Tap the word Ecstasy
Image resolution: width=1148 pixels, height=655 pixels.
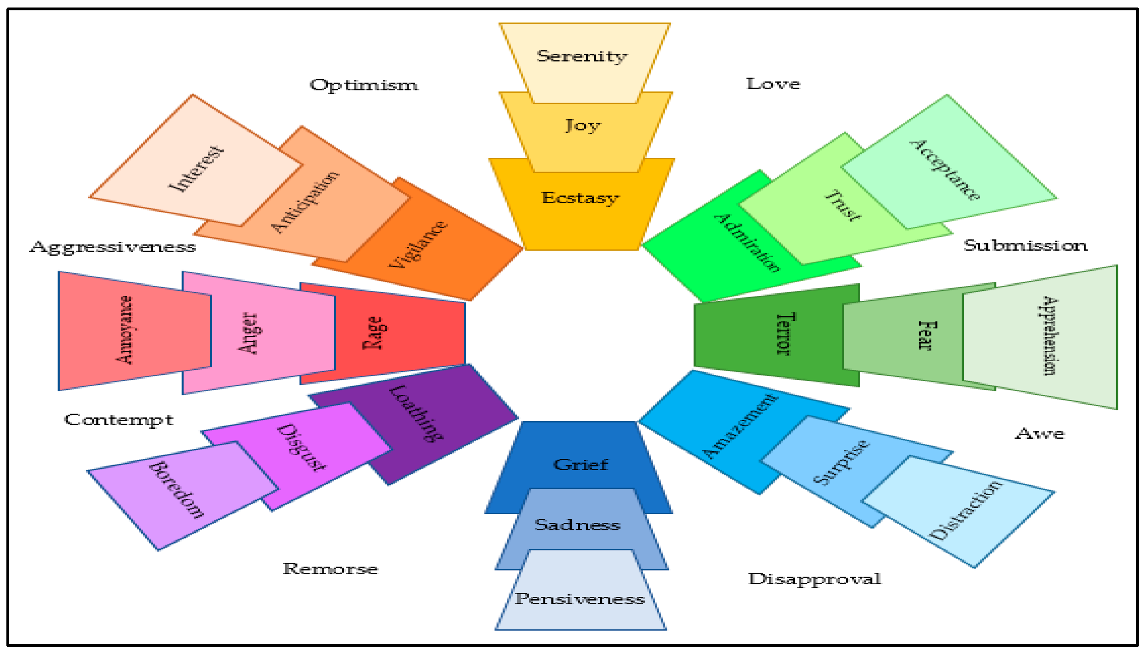click(x=580, y=198)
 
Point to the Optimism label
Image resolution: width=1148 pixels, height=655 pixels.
click(x=364, y=85)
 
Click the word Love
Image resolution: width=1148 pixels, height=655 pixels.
click(x=773, y=84)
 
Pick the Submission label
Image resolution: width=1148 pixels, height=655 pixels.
click(x=1025, y=245)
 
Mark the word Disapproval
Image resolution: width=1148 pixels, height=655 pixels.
click(x=814, y=579)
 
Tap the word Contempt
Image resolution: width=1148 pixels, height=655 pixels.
click(x=119, y=420)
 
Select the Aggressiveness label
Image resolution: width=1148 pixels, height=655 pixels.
click(x=113, y=247)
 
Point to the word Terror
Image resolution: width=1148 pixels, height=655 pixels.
click(x=785, y=334)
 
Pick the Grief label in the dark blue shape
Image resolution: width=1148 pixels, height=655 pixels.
click(x=581, y=464)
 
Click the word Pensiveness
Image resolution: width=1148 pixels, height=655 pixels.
click(x=580, y=599)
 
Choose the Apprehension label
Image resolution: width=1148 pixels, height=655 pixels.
click(x=1051, y=336)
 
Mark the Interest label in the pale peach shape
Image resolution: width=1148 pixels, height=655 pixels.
click(x=196, y=169)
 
